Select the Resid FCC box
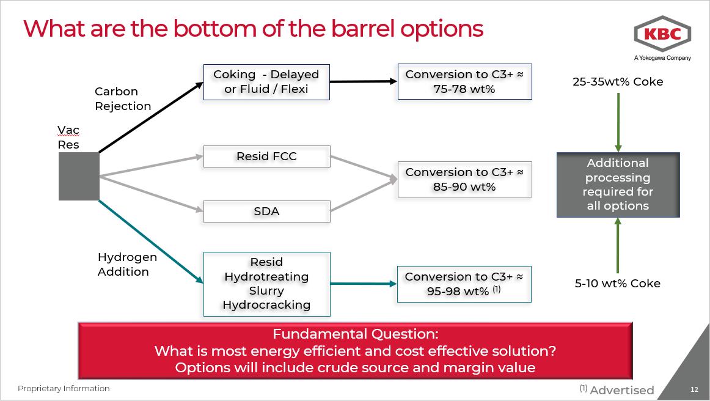266,156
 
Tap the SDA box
266,212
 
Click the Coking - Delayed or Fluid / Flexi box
266,82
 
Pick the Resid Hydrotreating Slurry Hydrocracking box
266,284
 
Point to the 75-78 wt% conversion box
464,82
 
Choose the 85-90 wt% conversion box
464,180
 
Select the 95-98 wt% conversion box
464,284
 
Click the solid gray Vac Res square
79,177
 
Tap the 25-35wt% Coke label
618,82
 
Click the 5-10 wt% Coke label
618,283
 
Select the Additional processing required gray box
618,185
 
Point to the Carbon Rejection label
123,98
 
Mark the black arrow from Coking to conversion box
364,81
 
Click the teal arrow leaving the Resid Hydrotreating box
364,284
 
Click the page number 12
694,390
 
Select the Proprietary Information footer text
64,389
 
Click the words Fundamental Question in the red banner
355,334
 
